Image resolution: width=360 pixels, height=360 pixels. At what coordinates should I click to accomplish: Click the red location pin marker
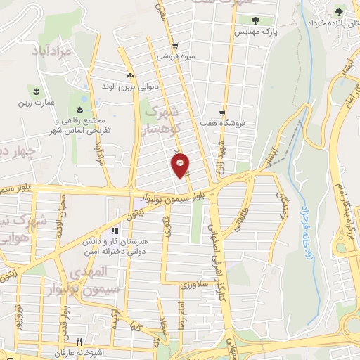point(181,165)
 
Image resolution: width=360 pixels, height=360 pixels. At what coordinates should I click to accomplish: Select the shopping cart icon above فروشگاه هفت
point(222,113)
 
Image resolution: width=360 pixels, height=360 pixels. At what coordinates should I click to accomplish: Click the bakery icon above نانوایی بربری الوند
point(129,76)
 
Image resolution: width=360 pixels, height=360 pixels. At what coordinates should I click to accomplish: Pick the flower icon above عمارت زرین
point(35,91)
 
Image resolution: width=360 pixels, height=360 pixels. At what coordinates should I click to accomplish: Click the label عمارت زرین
point(35,102)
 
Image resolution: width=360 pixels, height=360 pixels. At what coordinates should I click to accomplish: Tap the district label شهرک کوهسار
point(165,121)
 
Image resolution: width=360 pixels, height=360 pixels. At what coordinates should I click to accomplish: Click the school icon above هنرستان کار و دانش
point(114,231)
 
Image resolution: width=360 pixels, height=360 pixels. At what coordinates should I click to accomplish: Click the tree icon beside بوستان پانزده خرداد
point(340,11)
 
